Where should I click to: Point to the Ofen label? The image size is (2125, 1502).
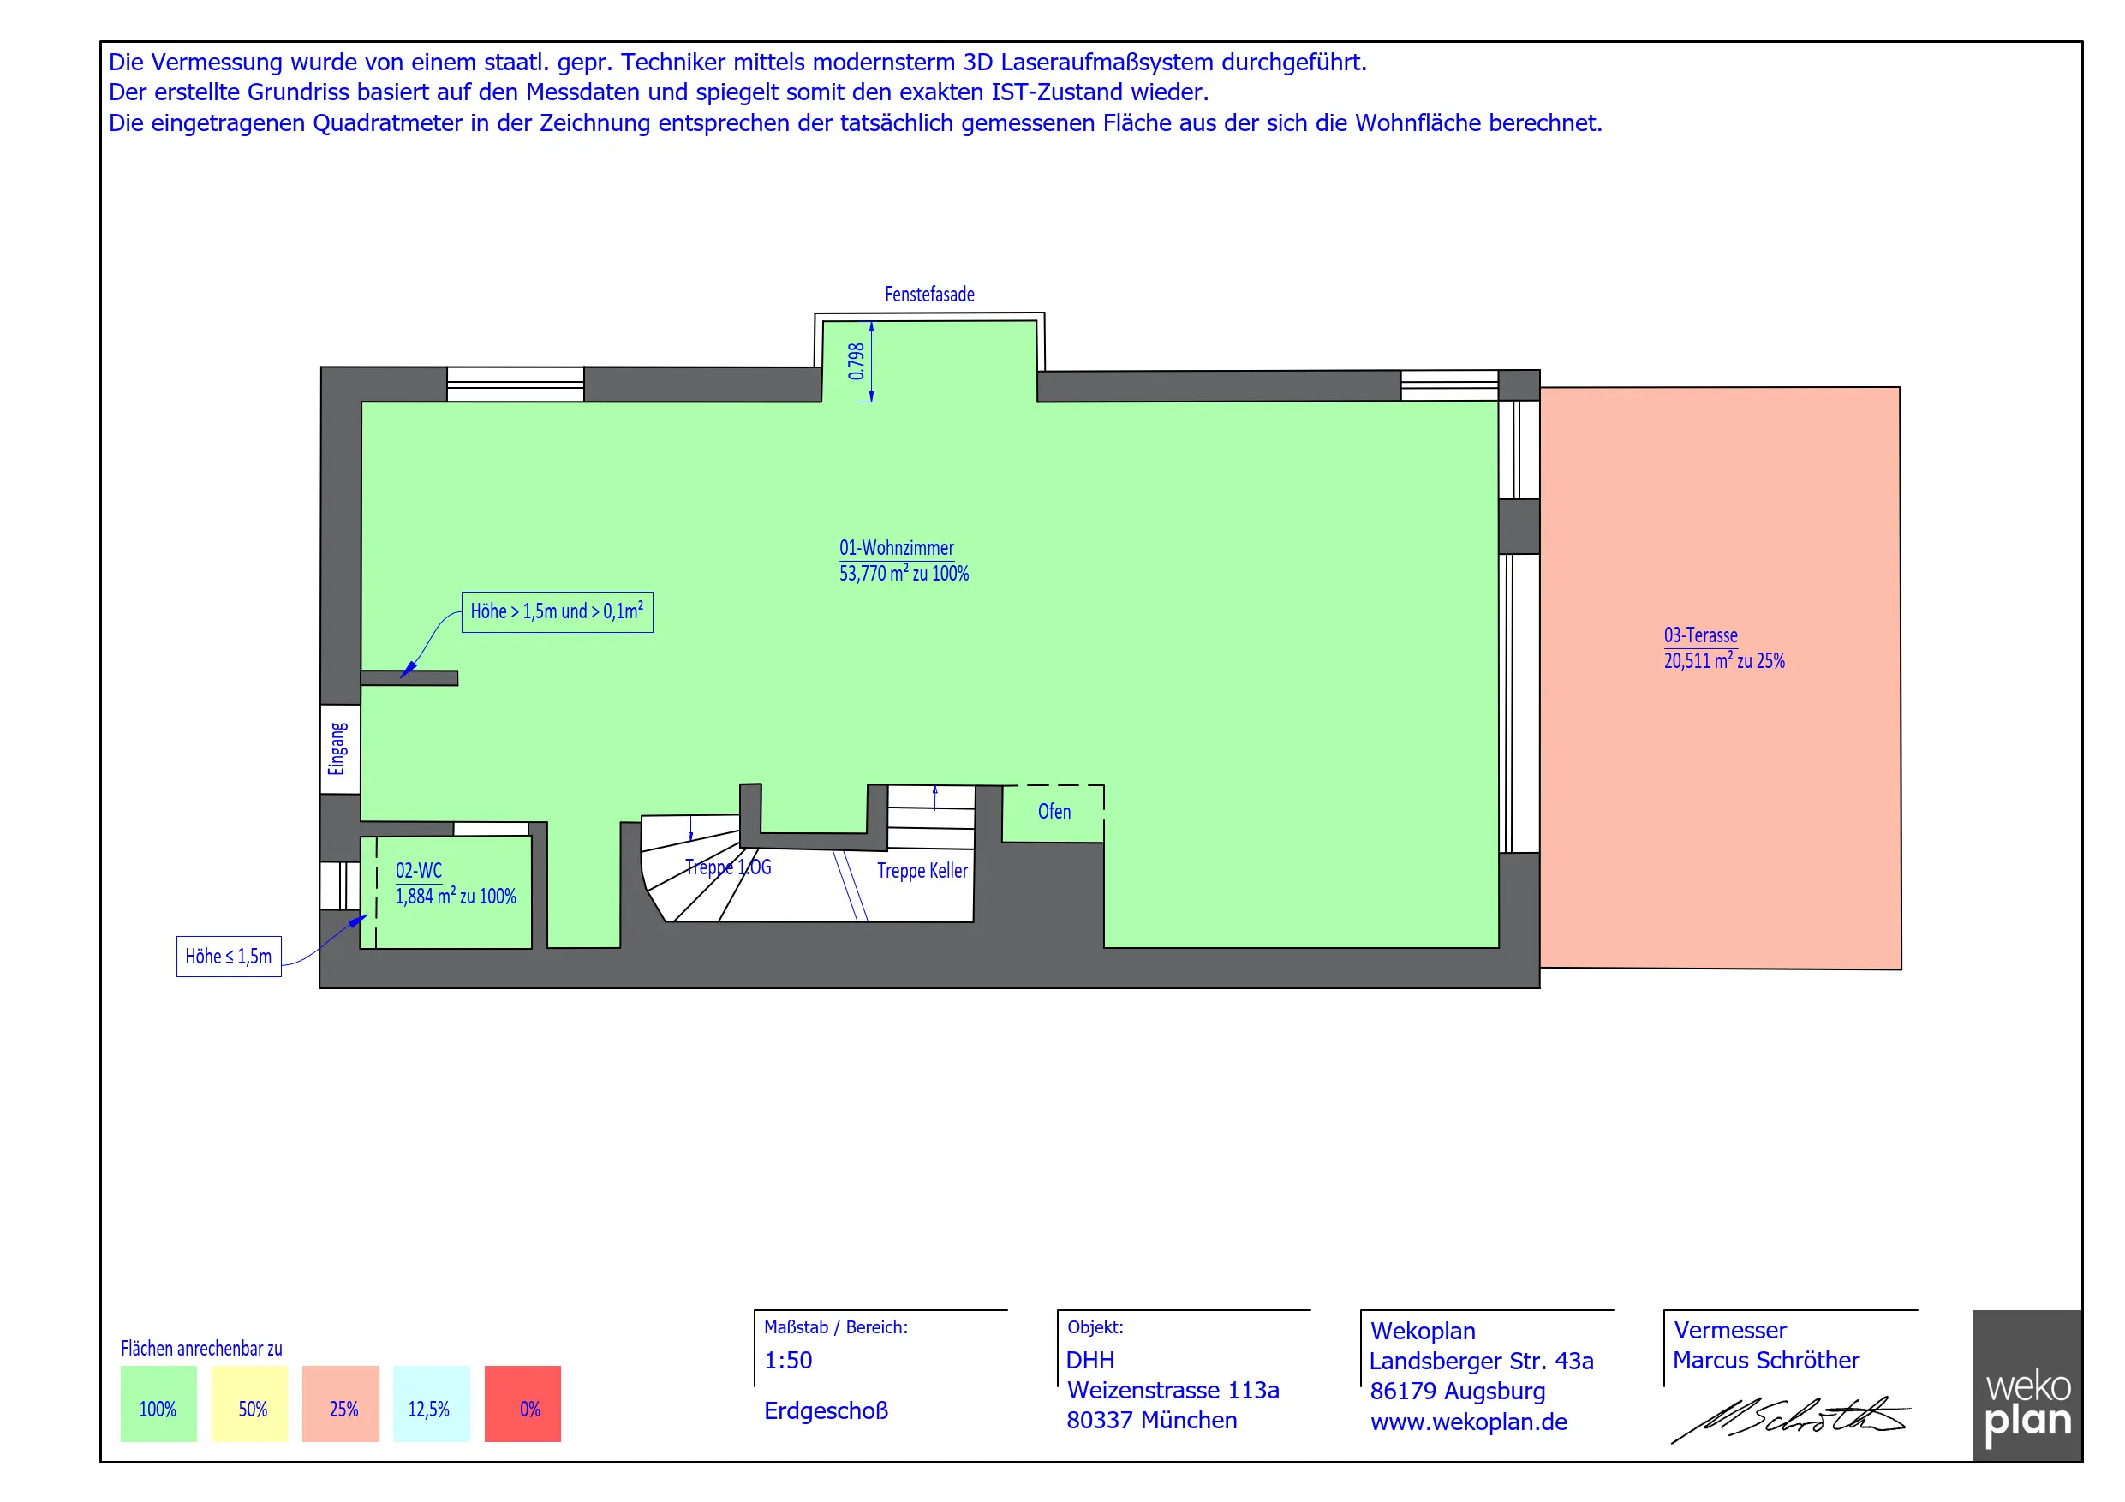coord(1054,812)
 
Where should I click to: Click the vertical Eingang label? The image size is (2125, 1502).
coord(337,748)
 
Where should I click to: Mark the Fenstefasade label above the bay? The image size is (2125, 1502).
coord(929,295)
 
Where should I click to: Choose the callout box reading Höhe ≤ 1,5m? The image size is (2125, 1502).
coord(229,956)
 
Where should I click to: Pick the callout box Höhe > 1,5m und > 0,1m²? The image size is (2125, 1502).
coord(558,611)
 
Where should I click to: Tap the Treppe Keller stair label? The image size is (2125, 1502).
coord(922,871)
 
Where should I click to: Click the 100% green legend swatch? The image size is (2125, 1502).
coord(158,1404)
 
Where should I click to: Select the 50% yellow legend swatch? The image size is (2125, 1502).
coord(249,1404)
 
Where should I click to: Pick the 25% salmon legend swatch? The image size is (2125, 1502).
coord(341,1404)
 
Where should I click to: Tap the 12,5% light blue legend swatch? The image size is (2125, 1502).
coord(432,1404)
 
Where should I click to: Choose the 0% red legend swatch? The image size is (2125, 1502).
coord(523,1404)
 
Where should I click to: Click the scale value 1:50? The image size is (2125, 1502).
coord(788,1361)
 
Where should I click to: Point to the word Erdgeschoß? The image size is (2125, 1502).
coord(826,1410)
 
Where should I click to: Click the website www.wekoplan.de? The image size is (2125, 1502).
coord(1469,1422)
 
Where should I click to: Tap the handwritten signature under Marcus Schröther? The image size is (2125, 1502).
coord(1789,1420)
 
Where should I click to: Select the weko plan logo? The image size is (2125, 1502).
coord(2027,1386)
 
